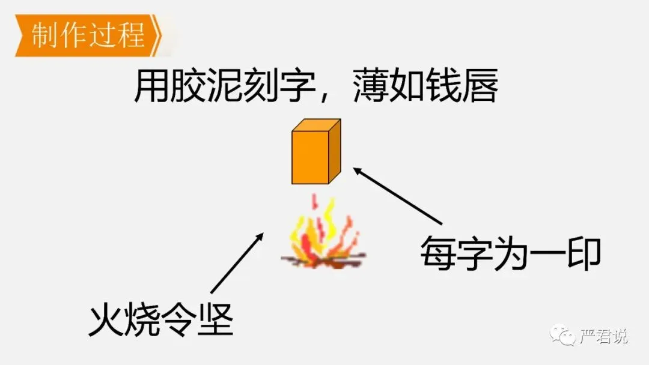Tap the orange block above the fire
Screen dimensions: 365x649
tap(315, 152)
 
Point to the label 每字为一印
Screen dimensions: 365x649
tap(510, 255)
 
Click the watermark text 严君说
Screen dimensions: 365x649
tap(603, 336)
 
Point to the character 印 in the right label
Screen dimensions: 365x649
tap(583, 255)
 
